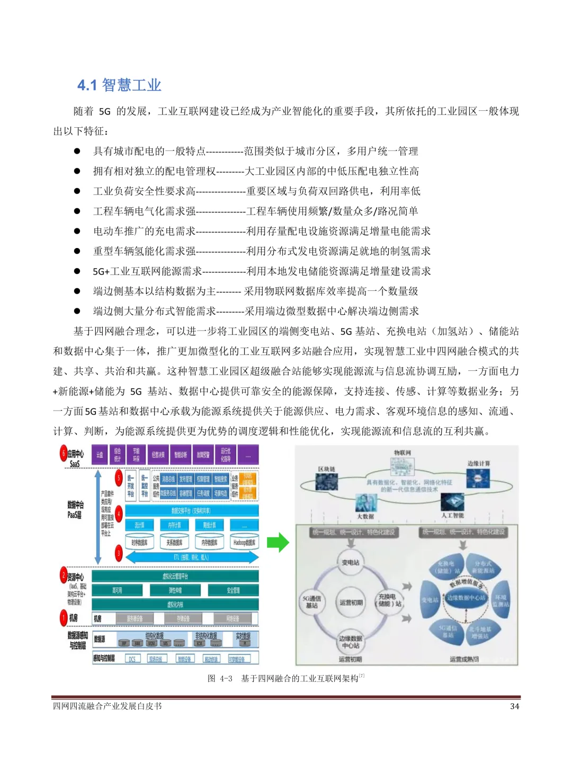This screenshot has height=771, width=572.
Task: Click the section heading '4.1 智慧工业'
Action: [x=119, y=85]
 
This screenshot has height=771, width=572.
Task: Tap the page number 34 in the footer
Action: [x=514, y=706]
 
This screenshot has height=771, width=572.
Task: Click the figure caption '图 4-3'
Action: [x=220, y=678]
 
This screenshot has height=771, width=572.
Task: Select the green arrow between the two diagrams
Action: [x=278, y=543]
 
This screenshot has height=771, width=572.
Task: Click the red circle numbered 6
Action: [x=64, y=454]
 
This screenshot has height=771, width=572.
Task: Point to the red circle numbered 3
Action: [x=119, y=554]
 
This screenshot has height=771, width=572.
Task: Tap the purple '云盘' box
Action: [x=100, y=455]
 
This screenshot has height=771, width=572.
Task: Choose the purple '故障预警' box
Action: [x=203, y=455]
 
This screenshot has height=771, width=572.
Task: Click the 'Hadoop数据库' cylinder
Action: [x=244, y=542]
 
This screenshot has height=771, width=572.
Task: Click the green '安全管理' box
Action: [x=233, y=590]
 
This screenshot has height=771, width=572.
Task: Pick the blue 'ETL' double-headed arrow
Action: [x=191, y=557]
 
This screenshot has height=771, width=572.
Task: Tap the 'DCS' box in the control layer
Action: [x=132, y=659]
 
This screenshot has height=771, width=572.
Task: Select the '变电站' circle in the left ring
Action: [x=350, y=562]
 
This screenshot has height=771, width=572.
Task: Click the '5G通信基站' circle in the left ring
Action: [x=311, y=601]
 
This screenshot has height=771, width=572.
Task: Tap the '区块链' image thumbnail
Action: [x=326, y=481]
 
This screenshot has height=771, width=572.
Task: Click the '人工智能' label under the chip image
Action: [x=452, y=515]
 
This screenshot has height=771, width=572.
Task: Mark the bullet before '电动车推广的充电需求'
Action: [x=77, y=231]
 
